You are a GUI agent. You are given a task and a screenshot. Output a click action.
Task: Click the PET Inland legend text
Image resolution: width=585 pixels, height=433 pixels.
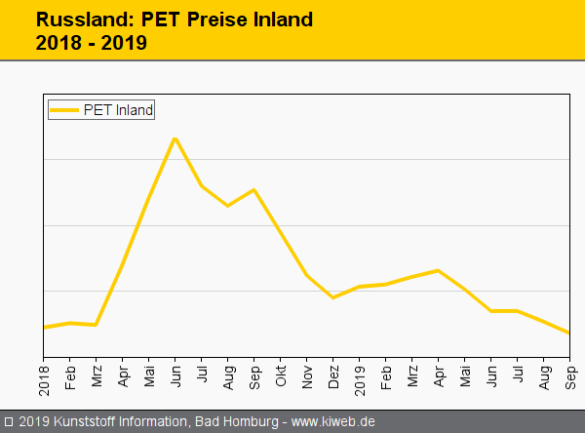point(118,110)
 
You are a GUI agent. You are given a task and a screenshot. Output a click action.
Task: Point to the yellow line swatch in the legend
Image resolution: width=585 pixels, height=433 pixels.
point(65,110)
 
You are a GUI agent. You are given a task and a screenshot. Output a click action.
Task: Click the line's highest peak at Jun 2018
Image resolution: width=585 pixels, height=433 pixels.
point(175,138)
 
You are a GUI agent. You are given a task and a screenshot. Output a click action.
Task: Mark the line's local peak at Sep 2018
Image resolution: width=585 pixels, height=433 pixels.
point(253,189)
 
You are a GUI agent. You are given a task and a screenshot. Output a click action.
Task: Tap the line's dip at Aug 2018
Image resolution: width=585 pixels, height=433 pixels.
point(227,206)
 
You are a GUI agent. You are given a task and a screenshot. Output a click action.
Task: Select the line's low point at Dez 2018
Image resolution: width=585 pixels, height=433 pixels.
point(332,297)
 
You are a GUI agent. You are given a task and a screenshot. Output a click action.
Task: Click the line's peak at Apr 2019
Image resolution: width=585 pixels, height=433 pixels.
point(438,270)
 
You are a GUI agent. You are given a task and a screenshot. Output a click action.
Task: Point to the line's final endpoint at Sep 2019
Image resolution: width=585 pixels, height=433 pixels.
point(569,334)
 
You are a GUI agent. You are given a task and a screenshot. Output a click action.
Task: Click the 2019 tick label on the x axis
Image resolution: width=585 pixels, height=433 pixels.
point(360,376)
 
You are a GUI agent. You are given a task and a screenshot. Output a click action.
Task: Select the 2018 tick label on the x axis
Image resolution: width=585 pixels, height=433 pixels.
point(44,376)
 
